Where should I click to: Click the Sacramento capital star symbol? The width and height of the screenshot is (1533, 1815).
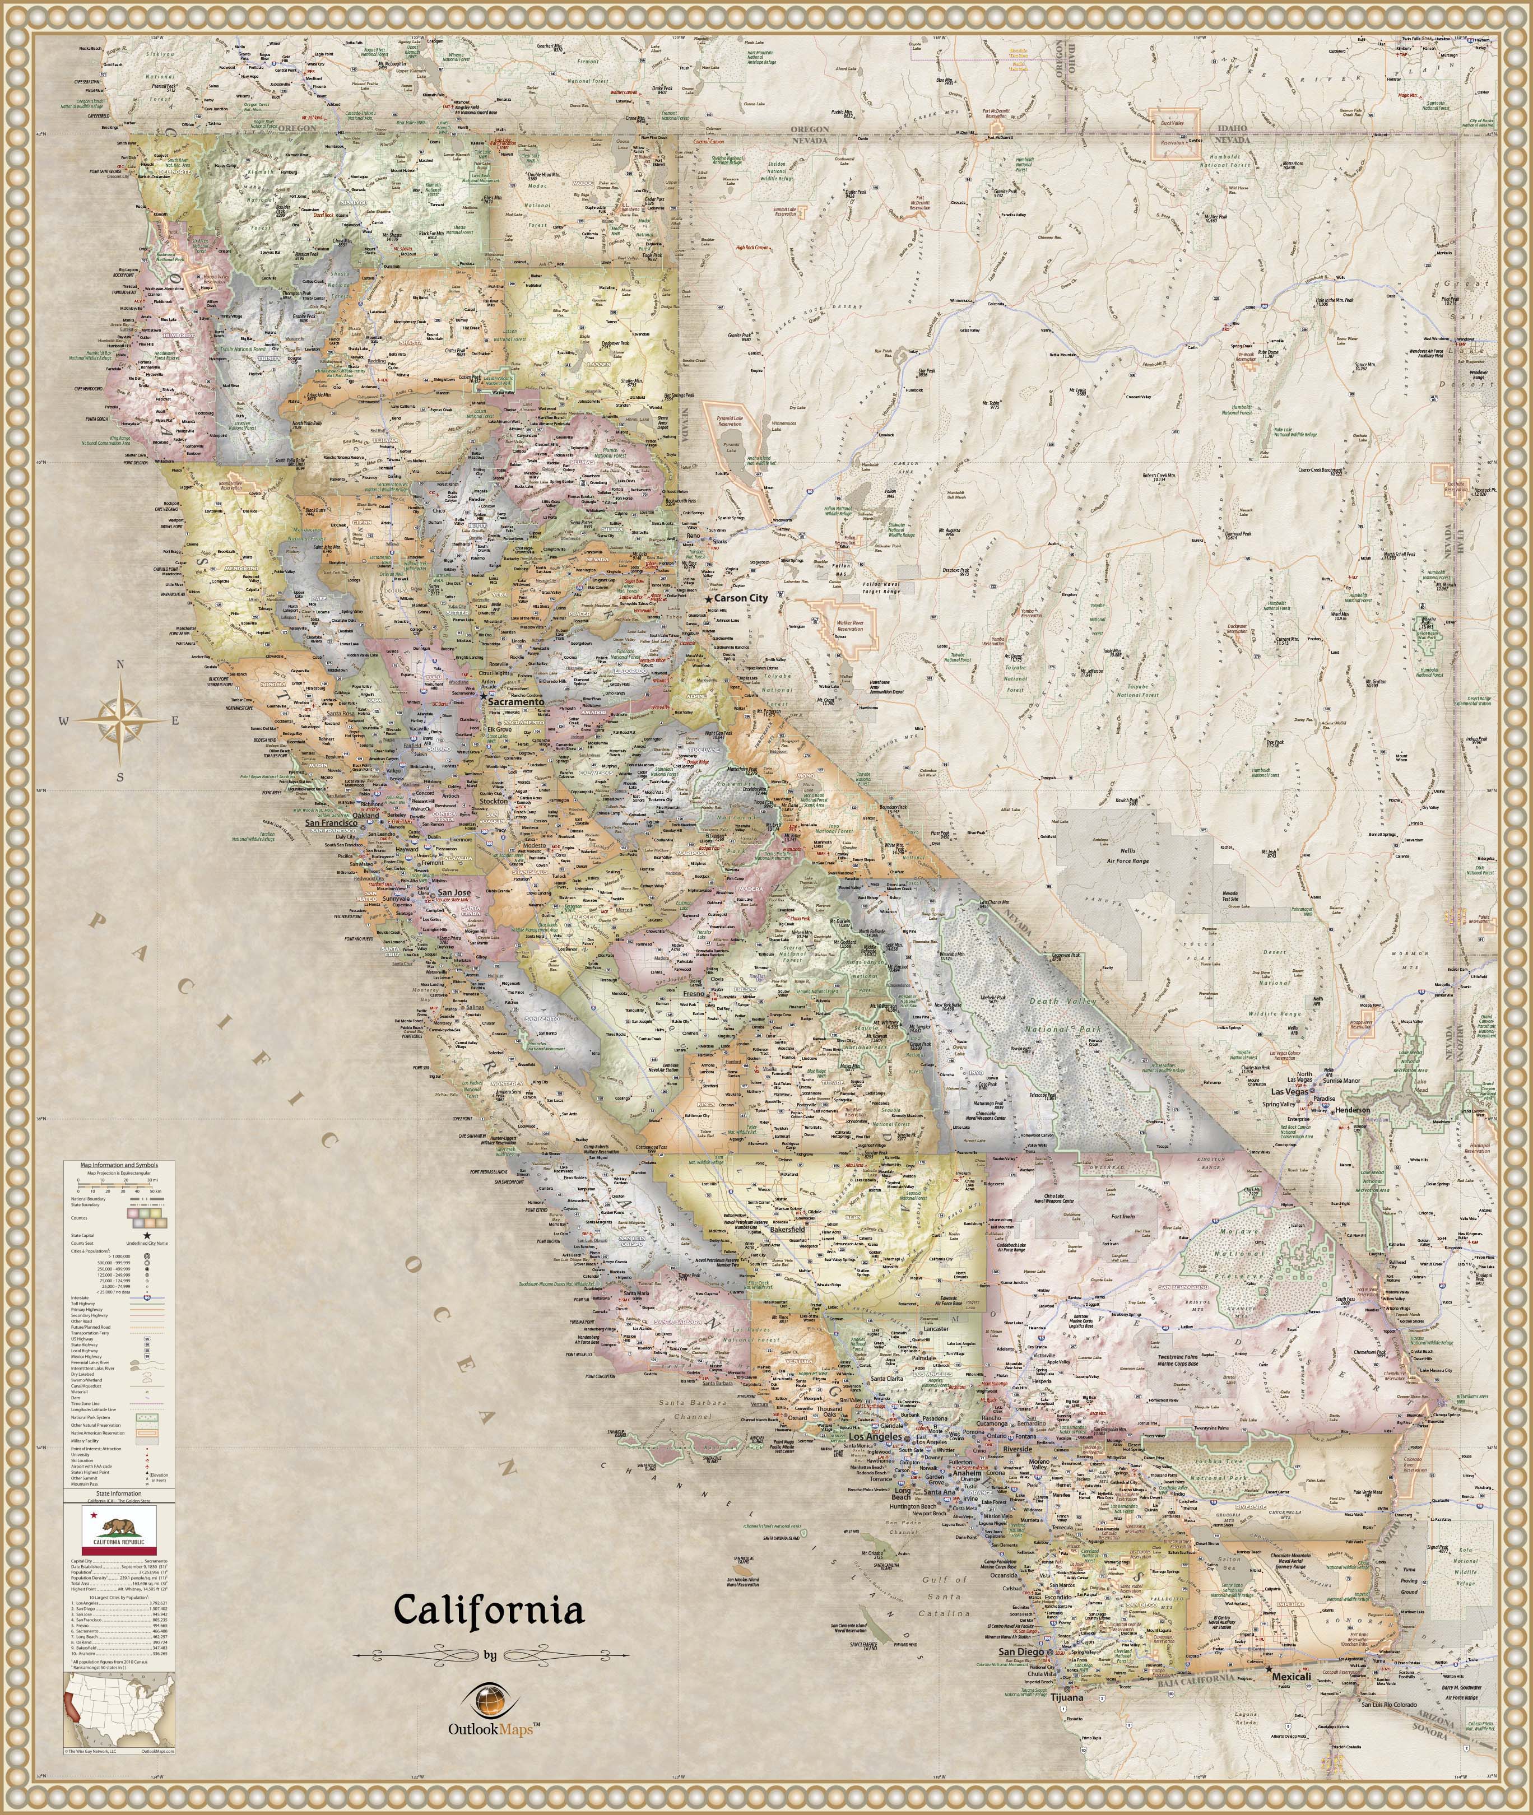coord(483,695)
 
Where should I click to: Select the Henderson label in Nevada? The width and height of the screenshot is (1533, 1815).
coord(1352,1110)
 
